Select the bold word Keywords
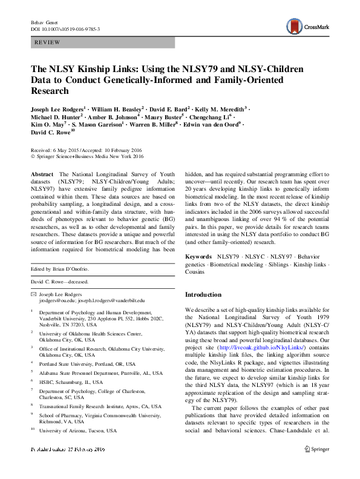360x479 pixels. tap(199, 257)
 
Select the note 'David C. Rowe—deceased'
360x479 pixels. tap(59, 282)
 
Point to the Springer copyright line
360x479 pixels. tap(88, 156)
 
